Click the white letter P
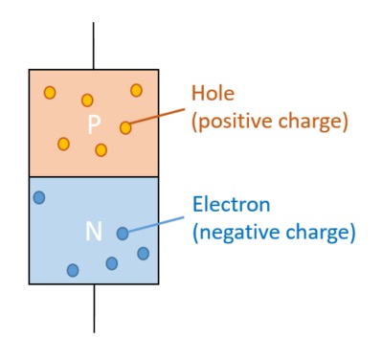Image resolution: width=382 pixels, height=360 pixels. click(x=94, y=125)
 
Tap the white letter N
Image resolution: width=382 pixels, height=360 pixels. click(x=94, y=231)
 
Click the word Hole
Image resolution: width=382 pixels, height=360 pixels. click(x=213, y=94)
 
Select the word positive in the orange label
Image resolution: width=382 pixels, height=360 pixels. click(x=234, y=122)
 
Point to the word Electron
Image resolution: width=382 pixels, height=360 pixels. click(x=231, y=204)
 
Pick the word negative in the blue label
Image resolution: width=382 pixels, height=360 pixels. click(x=238, y=232)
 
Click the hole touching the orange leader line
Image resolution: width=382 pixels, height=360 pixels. click(x=125, y=127)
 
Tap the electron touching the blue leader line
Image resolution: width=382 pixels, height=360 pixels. click(x=123, y=233)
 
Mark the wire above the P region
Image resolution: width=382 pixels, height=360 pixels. click(x=94, y=43)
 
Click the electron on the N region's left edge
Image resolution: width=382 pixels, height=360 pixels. click(x=39, y=197)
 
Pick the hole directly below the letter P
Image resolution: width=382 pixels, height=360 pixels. click(x=101, y=149)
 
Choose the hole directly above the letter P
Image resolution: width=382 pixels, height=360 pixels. click(x=87, y=100)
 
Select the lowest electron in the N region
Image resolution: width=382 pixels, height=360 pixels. click(x=73, y=270)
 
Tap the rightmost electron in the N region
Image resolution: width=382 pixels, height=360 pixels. click(x=143, y=253)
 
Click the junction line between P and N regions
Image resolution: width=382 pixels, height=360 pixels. click(x=94, y=176)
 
